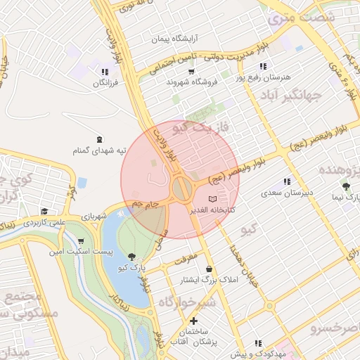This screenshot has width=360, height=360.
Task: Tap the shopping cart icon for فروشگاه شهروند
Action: pos(191,72)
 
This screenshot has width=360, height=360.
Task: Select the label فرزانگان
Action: pos(105,84)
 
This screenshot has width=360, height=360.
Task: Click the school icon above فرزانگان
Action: pos(105,72)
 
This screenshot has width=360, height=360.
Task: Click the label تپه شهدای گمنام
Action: pos(100,150)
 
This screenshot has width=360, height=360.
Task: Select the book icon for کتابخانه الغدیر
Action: pos(213,199)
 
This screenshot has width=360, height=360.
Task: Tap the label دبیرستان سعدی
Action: pos(287,192)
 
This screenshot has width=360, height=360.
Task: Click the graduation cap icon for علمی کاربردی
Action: pos(44,212)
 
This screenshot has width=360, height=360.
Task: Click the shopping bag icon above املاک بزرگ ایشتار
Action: pos(209,269)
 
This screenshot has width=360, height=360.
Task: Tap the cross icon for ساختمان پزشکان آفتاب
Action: pos(193,321)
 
